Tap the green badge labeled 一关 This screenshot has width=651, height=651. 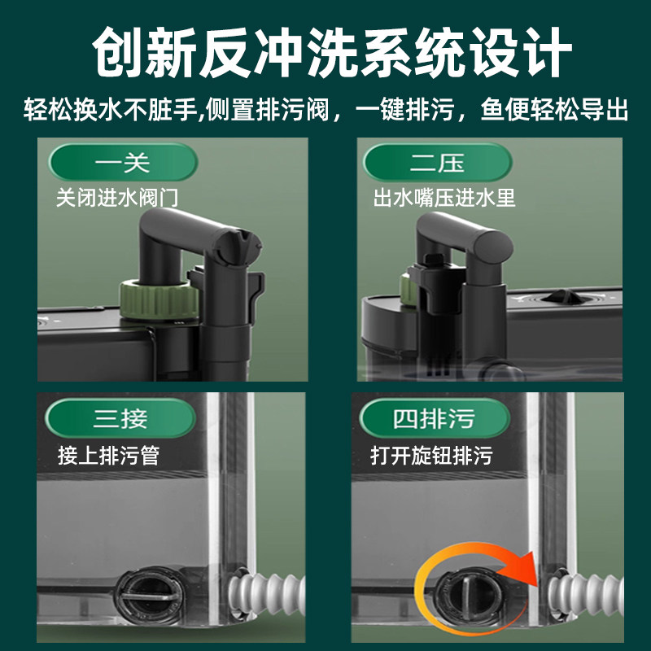click(122, 164)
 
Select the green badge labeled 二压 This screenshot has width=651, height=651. click(436, 164)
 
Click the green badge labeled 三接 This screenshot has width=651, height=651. click(122, 420)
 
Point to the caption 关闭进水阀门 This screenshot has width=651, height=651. click(117, 198)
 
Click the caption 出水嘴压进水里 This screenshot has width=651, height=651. click(444, 198)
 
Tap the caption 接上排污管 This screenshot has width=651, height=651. click(108, 454)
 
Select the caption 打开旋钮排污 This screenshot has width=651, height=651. click(431, 454)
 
